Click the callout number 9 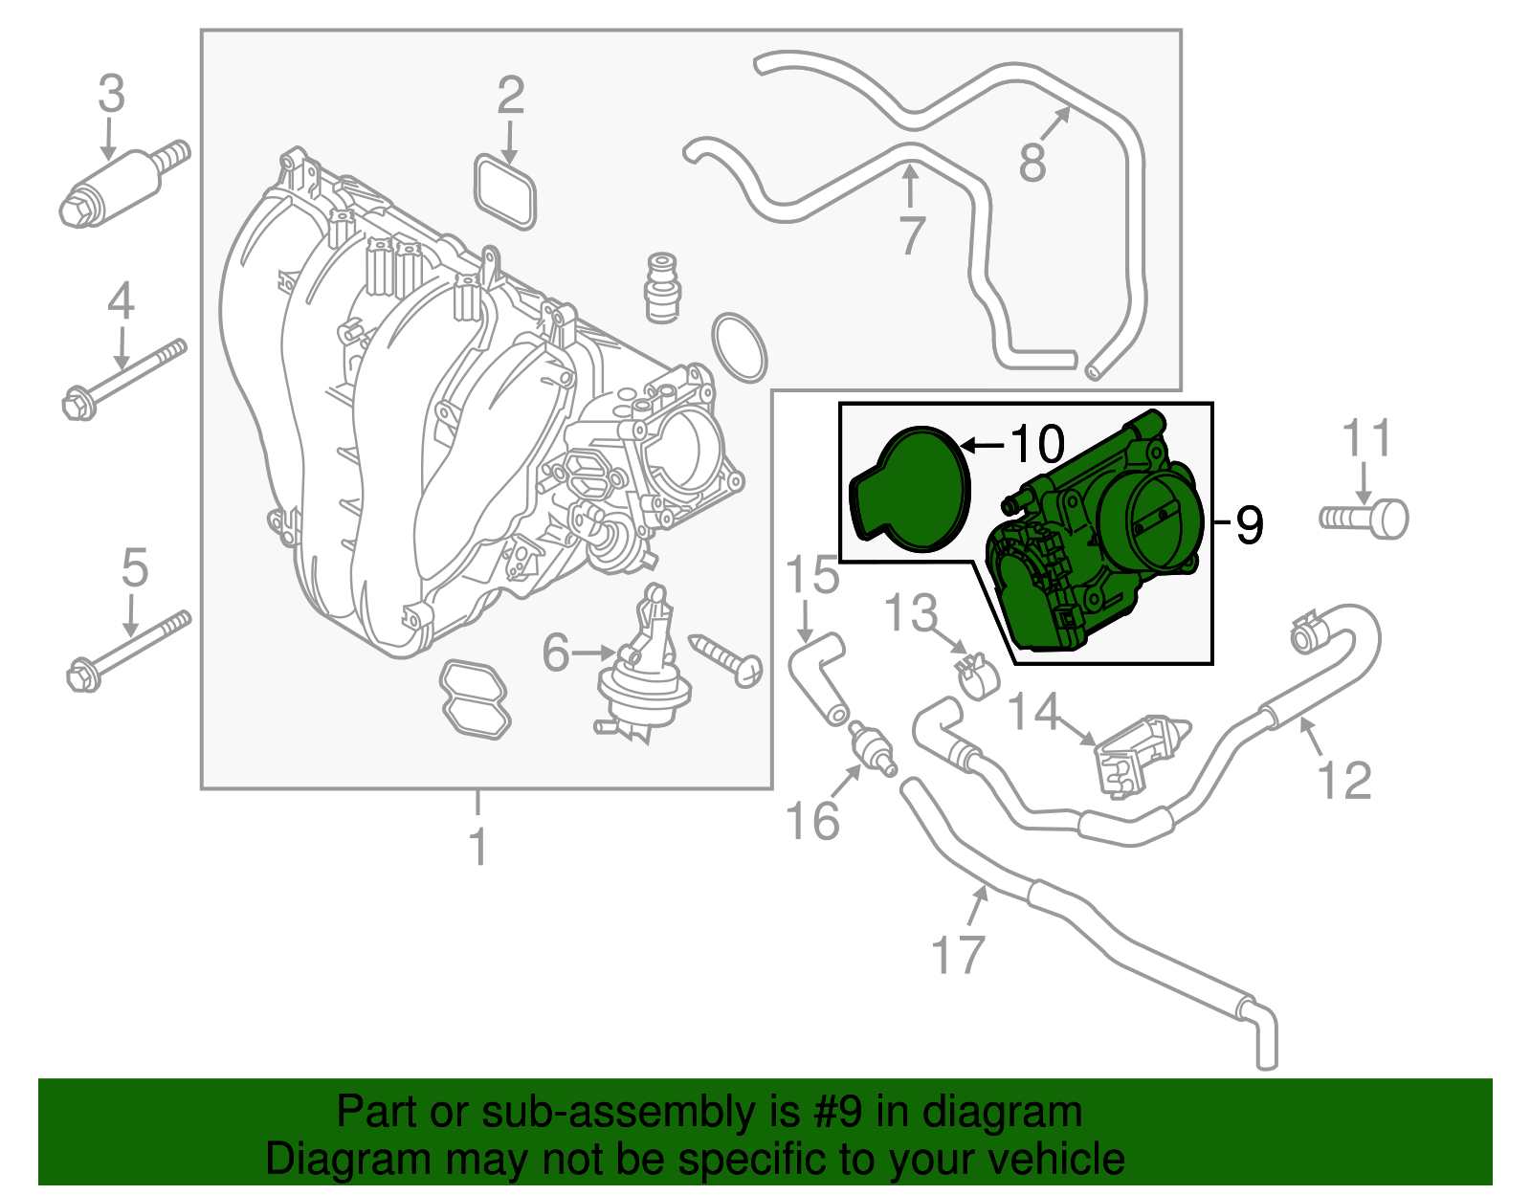(x=1249, y=524)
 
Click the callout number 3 (x=112, y=95)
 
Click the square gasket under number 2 (x=505, y=191)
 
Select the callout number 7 (x=913, y=235)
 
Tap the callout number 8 (x=1032, y=163)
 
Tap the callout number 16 (x=811, y=821)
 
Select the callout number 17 (x=958, y=954)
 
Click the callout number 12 (x=1344, y=780)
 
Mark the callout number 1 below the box (x=478, y=847)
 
